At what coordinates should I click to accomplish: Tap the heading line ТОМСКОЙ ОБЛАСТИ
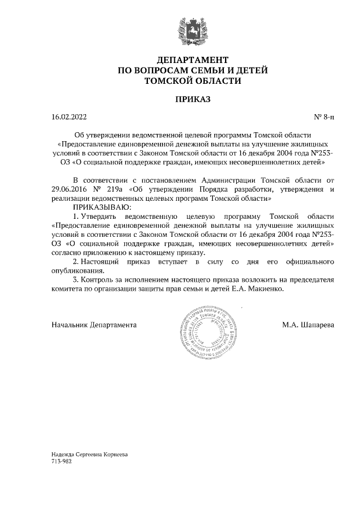point(192,80)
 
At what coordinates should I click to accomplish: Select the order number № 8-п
point(323,117)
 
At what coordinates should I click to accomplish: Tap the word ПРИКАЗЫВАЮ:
point(98,208)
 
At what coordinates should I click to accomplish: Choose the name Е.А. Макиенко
point(259,289)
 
